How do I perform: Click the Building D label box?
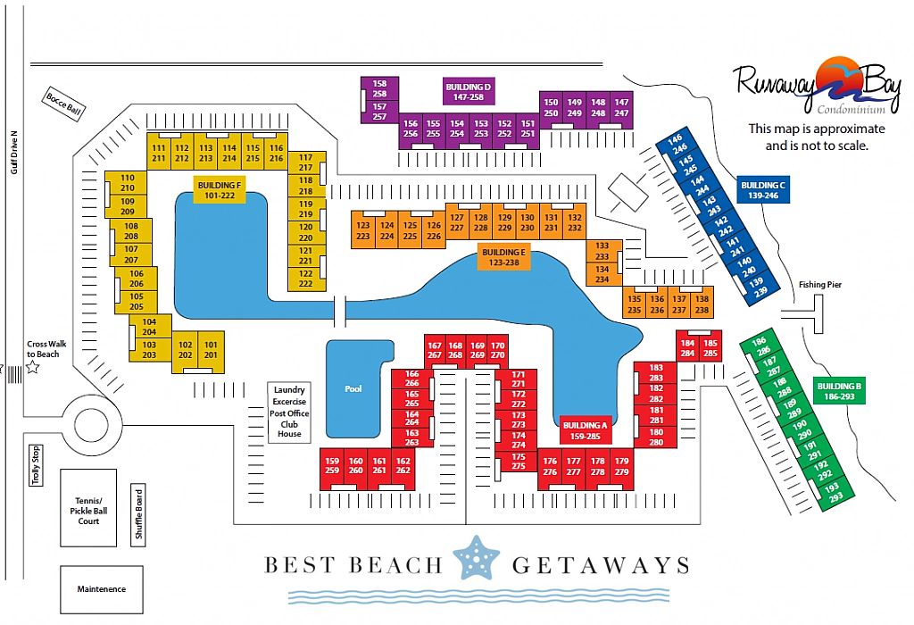(x=469, y=92)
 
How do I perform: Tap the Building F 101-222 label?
(x=220, y=190)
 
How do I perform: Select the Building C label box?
(x=763, y=190)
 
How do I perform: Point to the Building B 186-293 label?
(x=839, y=391)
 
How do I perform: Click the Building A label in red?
(x=586, y=430)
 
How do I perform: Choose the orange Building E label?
(x=503, y=257)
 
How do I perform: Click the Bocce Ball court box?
(x=63, y=104)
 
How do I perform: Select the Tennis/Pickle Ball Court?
(x=88, y=508)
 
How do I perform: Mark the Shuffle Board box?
(x=138, y=514)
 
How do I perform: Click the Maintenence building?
(x=102, y=589)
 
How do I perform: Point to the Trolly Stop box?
(x=36, y=465)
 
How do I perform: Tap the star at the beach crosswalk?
(x=33, y=367)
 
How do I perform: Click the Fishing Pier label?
(x=819, y=285)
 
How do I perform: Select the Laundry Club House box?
(x=289, y=412)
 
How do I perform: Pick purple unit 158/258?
(x=379, y=88)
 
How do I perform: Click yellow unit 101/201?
(x=211, y=350)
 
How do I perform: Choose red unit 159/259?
(x=332, y=466)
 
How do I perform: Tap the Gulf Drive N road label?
(x=14, y=152)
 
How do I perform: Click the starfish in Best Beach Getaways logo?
(x=477, y=557)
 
